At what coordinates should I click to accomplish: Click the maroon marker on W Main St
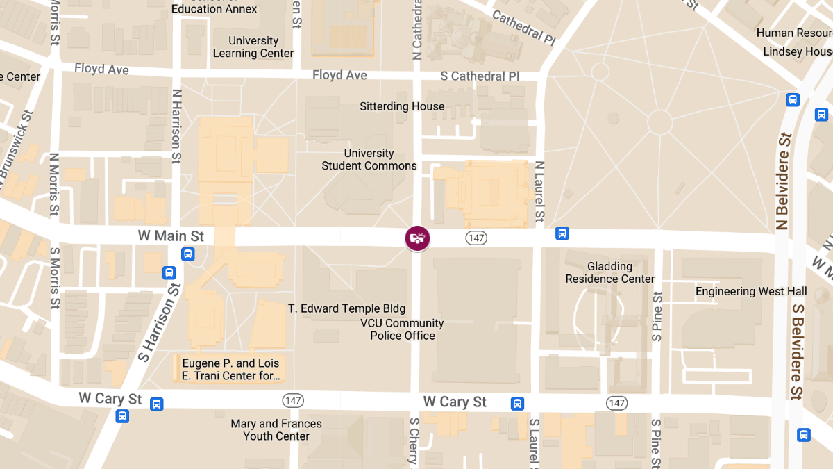417,238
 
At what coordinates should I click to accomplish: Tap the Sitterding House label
402,106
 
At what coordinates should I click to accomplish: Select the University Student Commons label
369,160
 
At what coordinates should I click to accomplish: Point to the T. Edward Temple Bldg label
347,308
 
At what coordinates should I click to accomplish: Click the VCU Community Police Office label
403,329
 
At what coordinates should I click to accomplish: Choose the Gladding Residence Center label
610,272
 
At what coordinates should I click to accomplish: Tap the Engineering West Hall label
751,291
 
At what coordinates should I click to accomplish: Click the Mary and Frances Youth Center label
276,430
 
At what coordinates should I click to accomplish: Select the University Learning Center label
253,47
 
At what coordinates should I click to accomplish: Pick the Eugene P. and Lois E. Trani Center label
230,370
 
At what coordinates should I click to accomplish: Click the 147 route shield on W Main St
476,238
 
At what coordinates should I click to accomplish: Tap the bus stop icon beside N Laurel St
562,233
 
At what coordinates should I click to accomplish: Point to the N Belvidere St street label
784,181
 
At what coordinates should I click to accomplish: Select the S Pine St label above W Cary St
657,316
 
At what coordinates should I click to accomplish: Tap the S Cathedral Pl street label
480,76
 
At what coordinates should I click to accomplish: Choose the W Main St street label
171,236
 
